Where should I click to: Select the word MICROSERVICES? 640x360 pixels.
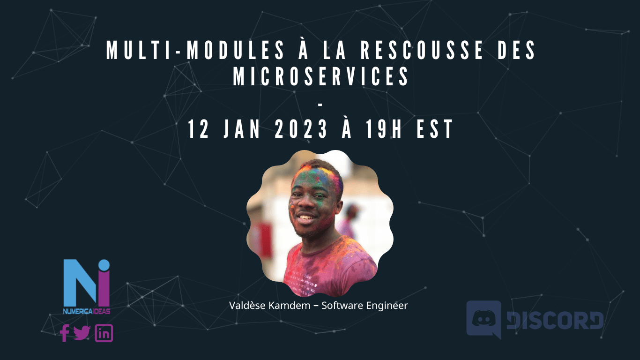pos(321,77)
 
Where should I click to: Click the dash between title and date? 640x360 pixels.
pos(320,104)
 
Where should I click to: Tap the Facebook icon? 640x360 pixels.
pos(65,333)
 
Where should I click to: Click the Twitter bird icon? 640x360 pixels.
pos(82,333)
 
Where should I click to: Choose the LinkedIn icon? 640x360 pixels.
pos(104,333)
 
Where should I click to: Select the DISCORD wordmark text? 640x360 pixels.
pos(555,321)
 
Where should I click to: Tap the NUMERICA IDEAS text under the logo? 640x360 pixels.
pos(87,311)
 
